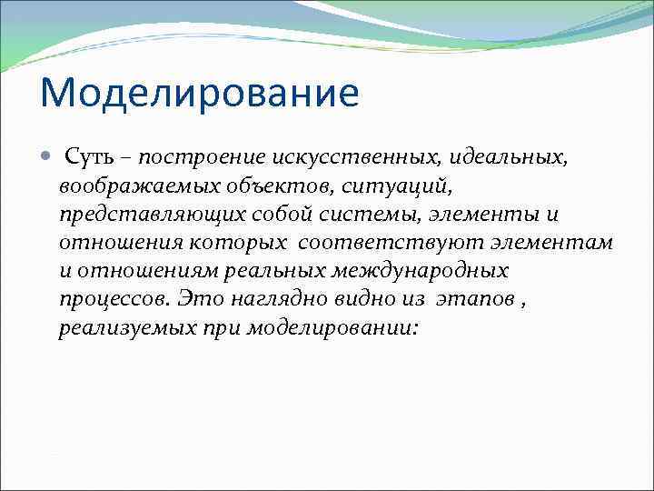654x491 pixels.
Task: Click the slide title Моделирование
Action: (200, 95)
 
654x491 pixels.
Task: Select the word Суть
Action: (89, 159)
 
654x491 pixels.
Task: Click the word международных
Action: (440, 272)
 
